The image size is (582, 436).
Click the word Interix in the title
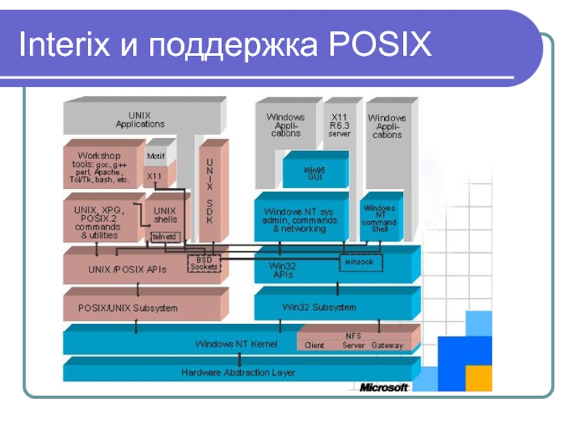pos(64,47)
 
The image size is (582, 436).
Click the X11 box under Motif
pos(155,176)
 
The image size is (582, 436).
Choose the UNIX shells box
pos(165,214)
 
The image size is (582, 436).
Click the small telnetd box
pos(164,237)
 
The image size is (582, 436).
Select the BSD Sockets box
pos(204,263)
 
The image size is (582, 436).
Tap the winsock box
pos(359,261)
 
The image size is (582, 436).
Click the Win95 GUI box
pos(315,173)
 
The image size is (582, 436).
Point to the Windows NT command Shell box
pos(379,218)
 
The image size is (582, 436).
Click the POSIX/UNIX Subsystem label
pos(128,307)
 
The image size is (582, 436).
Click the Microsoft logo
pos(383,387)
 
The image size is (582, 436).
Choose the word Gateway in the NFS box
pos(387,345)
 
